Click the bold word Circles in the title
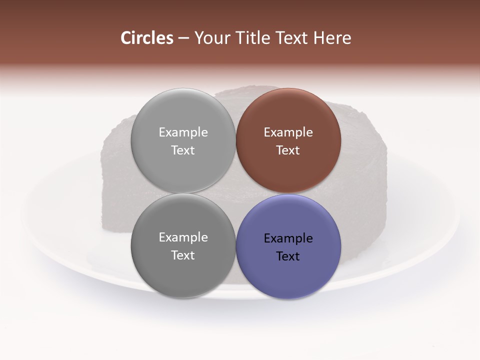(147, 38)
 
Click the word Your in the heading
(212, 38)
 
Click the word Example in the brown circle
(288, 132)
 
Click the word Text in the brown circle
(288, 150)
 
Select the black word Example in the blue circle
(288, 238)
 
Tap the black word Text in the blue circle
(288, 256)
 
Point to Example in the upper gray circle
(183, 132)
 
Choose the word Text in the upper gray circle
(183, 150)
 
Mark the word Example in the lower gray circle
(183, 237)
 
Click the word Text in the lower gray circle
(183, 255)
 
